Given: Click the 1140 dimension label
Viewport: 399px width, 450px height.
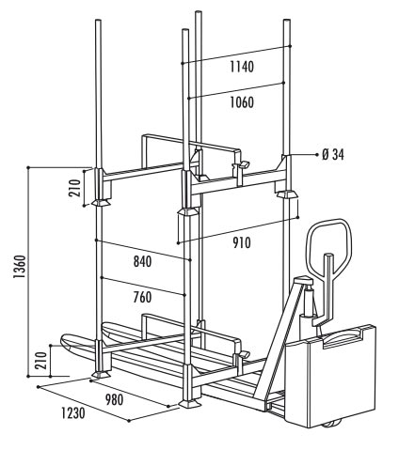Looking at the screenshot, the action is pyautogui.click(x=242, y=67).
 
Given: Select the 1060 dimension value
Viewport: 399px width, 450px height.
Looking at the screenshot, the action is pyautogui.click(x=242, y=102).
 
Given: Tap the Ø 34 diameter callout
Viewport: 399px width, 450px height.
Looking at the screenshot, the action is pyautogui.click(x=333, y=155).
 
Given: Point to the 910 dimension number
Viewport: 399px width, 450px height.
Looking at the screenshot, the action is pyautogui.click(x=242, y=242).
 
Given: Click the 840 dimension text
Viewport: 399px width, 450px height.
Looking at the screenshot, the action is pyautogui.click(x=142, y=261).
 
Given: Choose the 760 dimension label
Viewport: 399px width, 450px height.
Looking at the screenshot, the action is pyautogui.click(x=142, y=297).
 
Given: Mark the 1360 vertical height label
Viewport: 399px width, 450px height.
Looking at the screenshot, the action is pyautogui.click(x=20, y=267).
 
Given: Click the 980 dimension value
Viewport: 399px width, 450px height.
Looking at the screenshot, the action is pyautogui.click(x=114, y=399).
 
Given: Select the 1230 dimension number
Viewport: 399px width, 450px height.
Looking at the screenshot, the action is pyautogui.click(x=73, y=413).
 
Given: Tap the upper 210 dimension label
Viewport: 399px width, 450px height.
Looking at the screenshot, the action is pyautogui.click(x=74, y=188).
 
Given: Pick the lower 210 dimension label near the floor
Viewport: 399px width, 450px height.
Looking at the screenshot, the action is pyautogui.click(x=41, y=361).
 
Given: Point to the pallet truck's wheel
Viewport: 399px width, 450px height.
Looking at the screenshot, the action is pyautogui.click(x=332, y=423).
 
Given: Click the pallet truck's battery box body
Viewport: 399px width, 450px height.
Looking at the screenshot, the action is pyautogui.click(x=332, y=376).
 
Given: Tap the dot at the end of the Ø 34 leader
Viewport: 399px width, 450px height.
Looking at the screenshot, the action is pyautogui.click(x=316, y=155).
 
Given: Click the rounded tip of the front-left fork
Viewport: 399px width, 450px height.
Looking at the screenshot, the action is pyautogui.click(x=64, y=340).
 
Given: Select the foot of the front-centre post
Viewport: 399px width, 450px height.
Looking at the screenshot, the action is pyautogui.click(x=190, y=403).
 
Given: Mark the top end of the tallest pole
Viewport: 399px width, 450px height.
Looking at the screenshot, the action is pyautogui.click(x=199, y=12).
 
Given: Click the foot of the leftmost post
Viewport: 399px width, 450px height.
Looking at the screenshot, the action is pyautogui.click(x=101, y=375).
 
